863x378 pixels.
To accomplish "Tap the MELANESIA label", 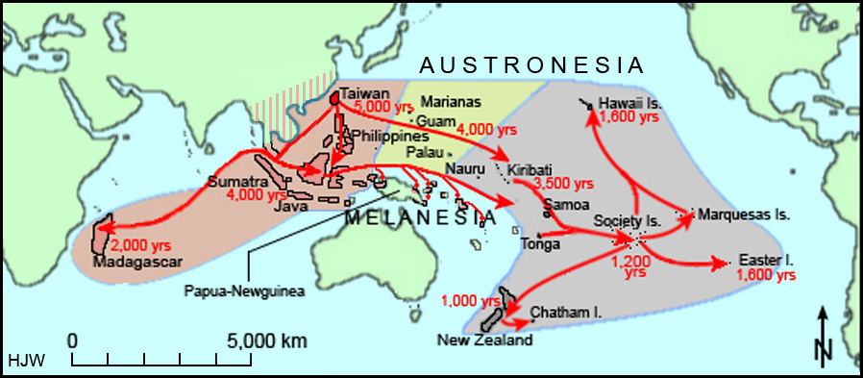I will coord(422,217).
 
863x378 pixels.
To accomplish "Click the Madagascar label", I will coord(131,263).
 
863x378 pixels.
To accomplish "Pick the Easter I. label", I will coord(766,261).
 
